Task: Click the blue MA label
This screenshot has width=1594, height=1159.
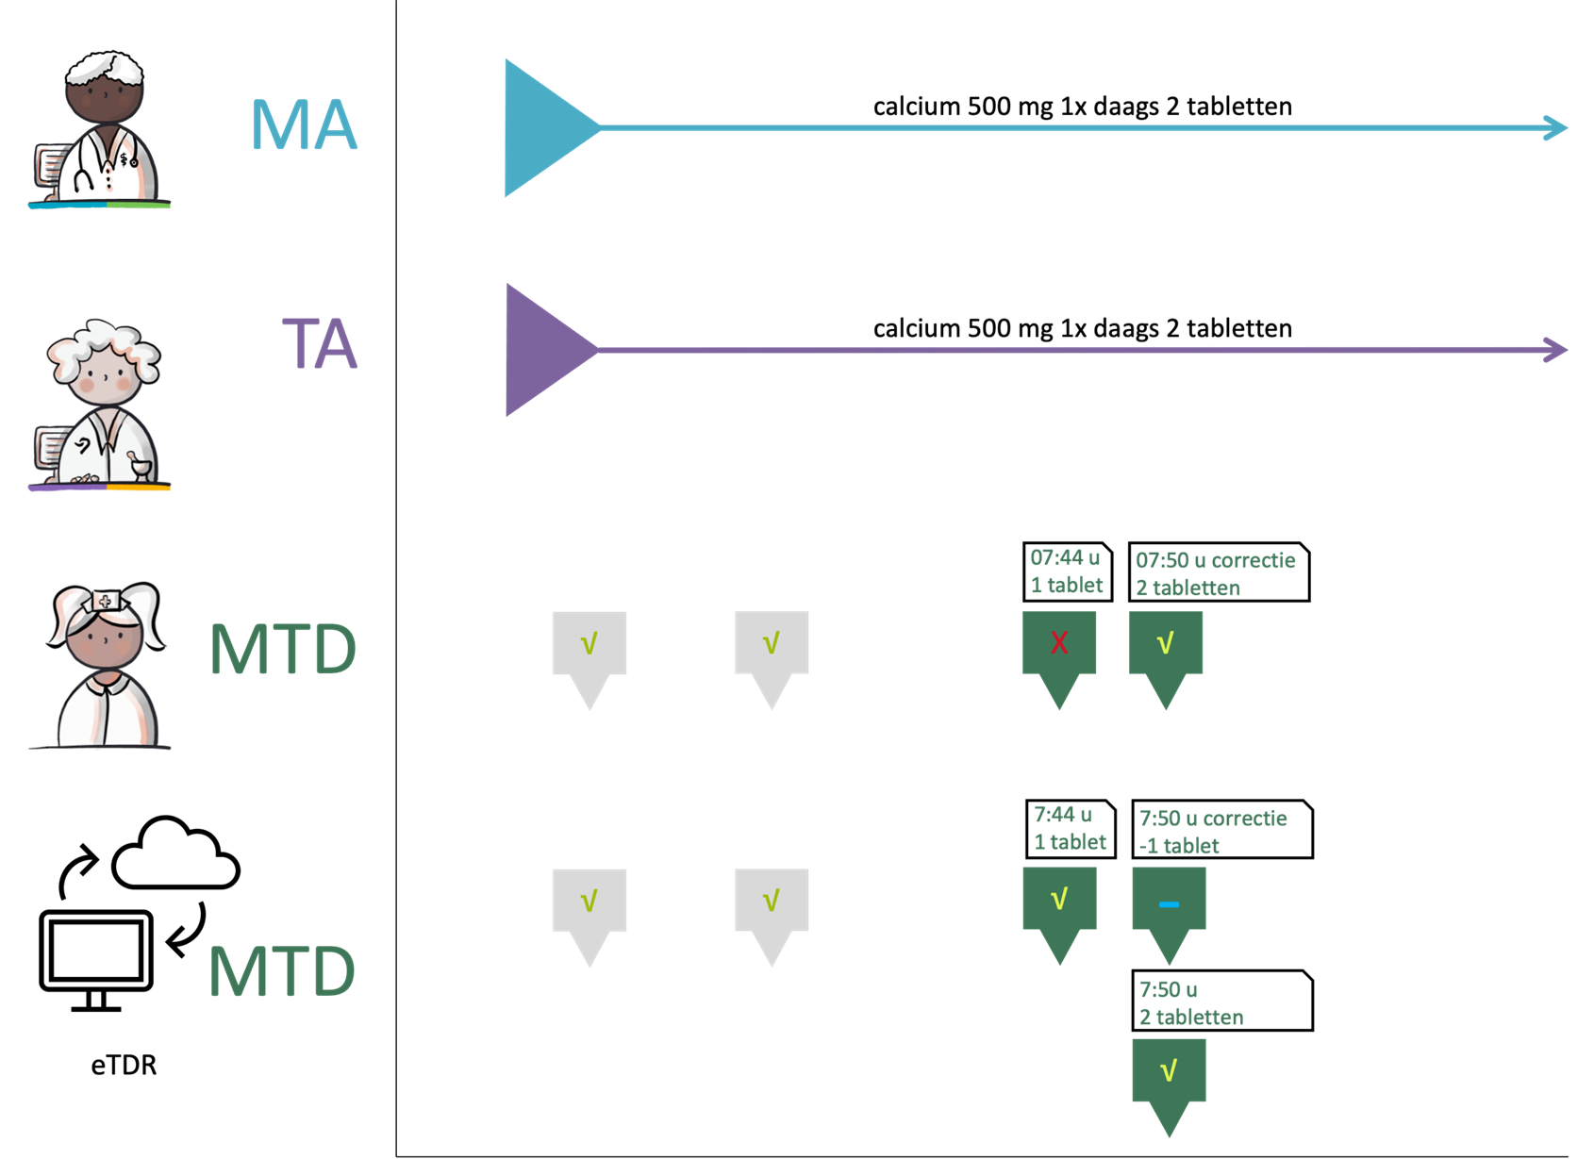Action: coord(304,125)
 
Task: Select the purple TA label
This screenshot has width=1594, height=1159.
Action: coord(320,344)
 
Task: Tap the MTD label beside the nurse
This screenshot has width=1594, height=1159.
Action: coord(283,649)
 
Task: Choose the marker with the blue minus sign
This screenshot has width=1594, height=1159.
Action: coord(1169,905)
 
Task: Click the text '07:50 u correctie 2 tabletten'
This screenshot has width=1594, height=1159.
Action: coord(1215,573)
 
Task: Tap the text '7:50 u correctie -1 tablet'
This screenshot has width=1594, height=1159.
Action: coord(1212,832)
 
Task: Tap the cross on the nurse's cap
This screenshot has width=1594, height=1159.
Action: coord(105,601)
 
